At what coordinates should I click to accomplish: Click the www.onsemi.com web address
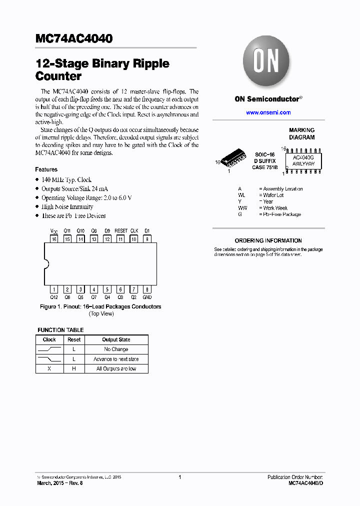[x=268, y=112]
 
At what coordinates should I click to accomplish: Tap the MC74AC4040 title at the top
[x=74, y=39]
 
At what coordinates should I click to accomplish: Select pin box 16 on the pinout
[x=54, y=239]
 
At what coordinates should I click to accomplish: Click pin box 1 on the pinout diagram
[x=54, y=289]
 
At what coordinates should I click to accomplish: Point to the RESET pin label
[x=121, y=231]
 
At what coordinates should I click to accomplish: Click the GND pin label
[x=147, y=297]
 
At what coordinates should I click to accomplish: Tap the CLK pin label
[x=134, y=231]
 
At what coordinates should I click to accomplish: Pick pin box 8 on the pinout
[x=147, y=289]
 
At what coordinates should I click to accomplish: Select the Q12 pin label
[x=54, y=297]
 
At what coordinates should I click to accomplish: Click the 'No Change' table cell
[x=116, y=349]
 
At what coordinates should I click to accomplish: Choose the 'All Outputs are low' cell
[x=116, y=369]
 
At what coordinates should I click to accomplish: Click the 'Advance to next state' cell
[x=116, y=359]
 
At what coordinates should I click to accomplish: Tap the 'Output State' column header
[x=116, y=339]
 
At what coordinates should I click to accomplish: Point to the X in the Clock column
[x=49, y=369]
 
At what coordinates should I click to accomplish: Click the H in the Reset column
[x=74, y=369]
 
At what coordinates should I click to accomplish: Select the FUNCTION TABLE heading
[x=60, y=330]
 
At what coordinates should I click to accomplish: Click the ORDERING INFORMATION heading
[x=268, y=240]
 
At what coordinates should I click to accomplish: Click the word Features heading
[x=46, y=169]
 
